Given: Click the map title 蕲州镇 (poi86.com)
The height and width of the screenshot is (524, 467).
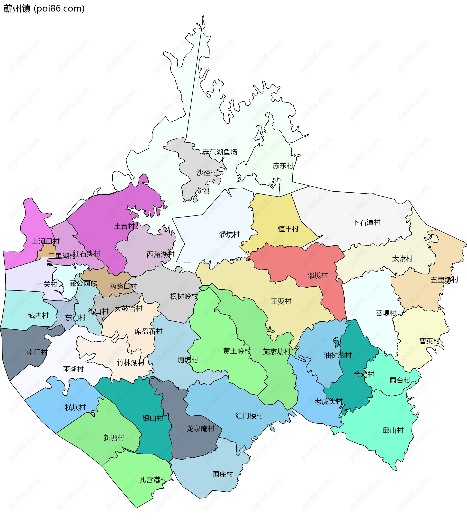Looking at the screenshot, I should coord(44,9).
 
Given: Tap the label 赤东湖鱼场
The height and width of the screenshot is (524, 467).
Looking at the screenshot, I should coord(220,152).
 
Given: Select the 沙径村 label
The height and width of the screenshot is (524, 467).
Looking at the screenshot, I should coord(207,173).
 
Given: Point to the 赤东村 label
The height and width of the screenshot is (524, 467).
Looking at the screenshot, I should coord(283,166).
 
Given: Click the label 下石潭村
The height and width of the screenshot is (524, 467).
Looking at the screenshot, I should coord(366,223).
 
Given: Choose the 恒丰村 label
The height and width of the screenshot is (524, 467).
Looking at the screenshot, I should coord(288,229).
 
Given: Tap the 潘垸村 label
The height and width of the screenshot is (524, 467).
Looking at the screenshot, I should coord(229,234).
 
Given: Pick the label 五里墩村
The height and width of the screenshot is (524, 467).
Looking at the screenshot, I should coord(444,280).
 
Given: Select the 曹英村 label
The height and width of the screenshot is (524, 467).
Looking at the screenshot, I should coord(430,341).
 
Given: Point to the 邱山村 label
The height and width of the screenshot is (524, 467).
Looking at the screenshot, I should coord(393,430).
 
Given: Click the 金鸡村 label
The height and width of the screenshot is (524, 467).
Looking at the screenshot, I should coord(364,374).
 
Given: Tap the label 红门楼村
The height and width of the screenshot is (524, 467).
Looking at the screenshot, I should coord(249,416).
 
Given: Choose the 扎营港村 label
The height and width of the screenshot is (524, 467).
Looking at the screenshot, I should coord(153,480).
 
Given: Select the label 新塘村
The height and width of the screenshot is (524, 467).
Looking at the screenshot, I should coord(114,437).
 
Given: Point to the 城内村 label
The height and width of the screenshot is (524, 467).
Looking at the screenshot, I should coord(38,315).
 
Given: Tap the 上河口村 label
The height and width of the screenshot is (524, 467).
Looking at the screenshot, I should coord(46,241).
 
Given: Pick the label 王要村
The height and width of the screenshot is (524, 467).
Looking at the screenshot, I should coord(281,301).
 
